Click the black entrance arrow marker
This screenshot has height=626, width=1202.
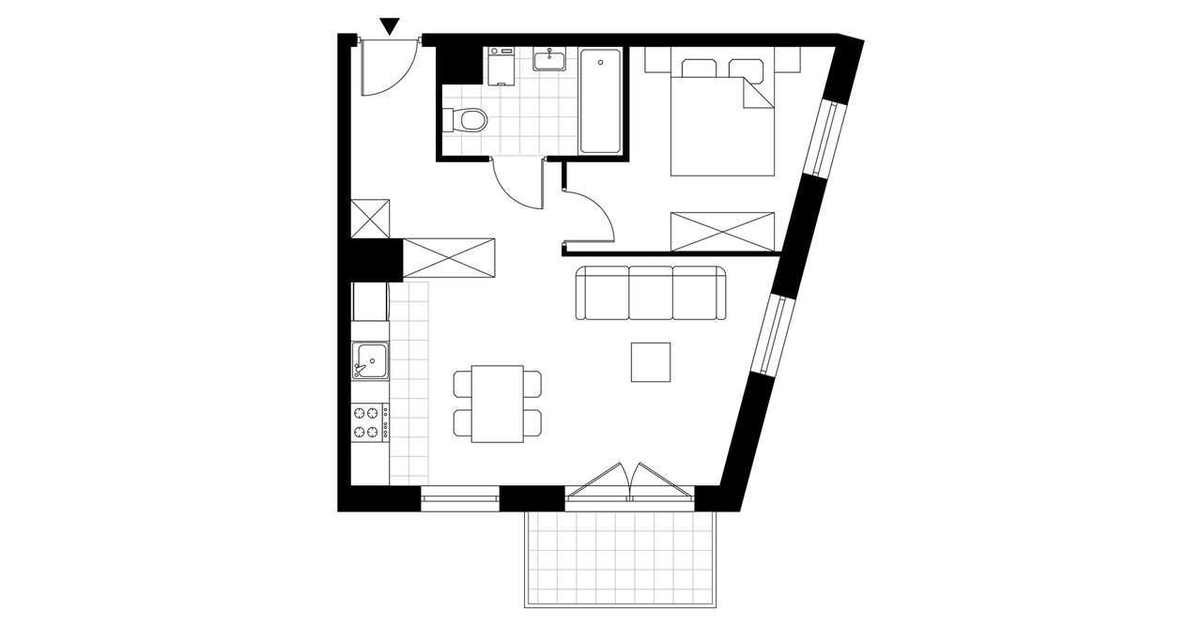coord(390,26)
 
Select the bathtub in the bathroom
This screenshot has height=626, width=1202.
coord(600,101)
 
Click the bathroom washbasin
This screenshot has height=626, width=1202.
coord(547,61)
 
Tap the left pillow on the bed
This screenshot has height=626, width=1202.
coord(698,69)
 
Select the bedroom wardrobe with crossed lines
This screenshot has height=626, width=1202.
coord(722,231)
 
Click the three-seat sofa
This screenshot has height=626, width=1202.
coord(651,293)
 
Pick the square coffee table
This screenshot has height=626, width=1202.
coord(651,362)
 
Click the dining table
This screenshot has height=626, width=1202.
coord(498,404)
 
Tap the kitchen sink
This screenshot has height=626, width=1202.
coord(370,360)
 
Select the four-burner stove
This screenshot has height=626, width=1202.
coord(370,421)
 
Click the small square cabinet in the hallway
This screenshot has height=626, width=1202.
coord(369,219)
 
